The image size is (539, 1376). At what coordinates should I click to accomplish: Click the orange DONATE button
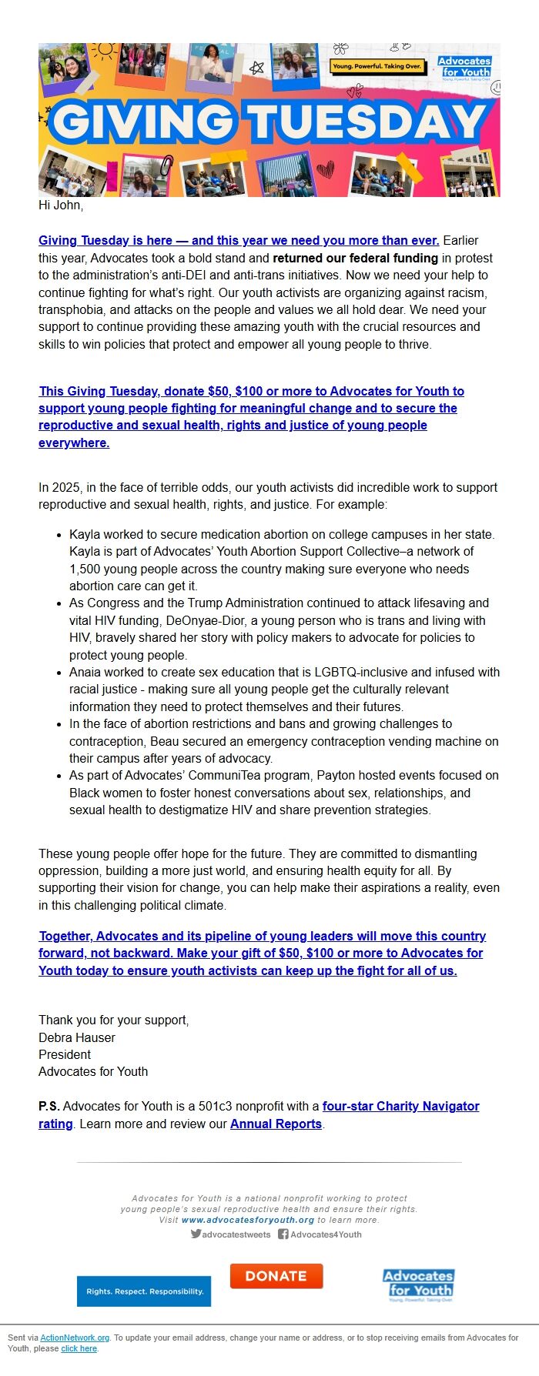276,1276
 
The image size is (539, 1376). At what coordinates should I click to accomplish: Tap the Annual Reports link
276,1124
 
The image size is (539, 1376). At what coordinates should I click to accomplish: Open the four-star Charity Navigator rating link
400,1106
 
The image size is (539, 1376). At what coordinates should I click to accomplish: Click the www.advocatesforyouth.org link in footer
248,1220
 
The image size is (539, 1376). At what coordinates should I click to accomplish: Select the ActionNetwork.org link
75,1338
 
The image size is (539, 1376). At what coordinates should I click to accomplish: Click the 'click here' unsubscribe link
79,1348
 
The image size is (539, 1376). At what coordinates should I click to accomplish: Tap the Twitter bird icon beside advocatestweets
196,1234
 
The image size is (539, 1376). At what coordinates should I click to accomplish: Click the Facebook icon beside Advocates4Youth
283,1234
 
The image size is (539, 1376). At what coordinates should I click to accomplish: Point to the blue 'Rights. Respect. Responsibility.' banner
144,1291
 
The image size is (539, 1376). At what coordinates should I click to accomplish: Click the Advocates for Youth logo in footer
418,1284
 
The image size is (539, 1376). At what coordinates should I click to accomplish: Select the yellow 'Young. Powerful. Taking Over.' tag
377,66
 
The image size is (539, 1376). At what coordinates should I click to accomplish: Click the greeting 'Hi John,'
61,205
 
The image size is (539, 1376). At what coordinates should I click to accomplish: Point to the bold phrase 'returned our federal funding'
355,258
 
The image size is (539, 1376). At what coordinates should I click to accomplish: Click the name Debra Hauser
77,1037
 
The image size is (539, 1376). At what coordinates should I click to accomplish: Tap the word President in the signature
65,1054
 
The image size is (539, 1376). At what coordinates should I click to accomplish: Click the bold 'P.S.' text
49,1106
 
